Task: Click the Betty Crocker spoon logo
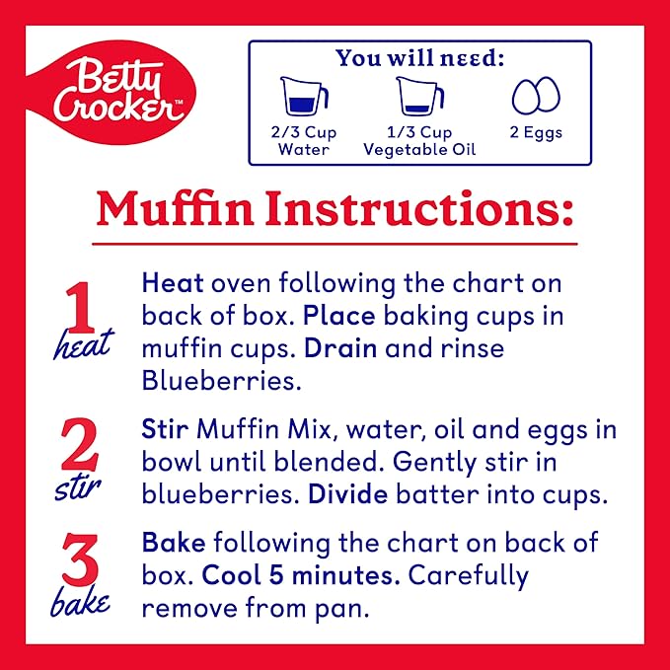[x=112, y=93]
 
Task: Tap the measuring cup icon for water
[x=304, y=96]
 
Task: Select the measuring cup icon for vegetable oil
[x=420, y=96]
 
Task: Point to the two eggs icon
[x=536, y=96]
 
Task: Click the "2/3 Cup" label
[x=304, y=132]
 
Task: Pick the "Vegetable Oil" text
[x=419, y=150]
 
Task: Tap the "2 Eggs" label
[x=536, y=132]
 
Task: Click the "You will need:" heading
[x=419, y=58]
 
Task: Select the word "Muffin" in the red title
[x=176, y=209]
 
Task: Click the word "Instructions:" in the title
[x=419, y=209]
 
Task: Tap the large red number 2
[x=80, y=444]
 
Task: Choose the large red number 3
[x=80, y=559]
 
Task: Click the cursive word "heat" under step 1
[x=84, y=344]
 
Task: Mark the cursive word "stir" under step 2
[x=78, y=488]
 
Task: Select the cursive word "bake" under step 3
[x=80, y=601]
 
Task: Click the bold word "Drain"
[x=340, y=348]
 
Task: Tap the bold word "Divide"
[x=347, y=494]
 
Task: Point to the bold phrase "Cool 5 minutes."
[x=301, y=575]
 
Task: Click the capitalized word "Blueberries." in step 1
[x=221, y=380]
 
